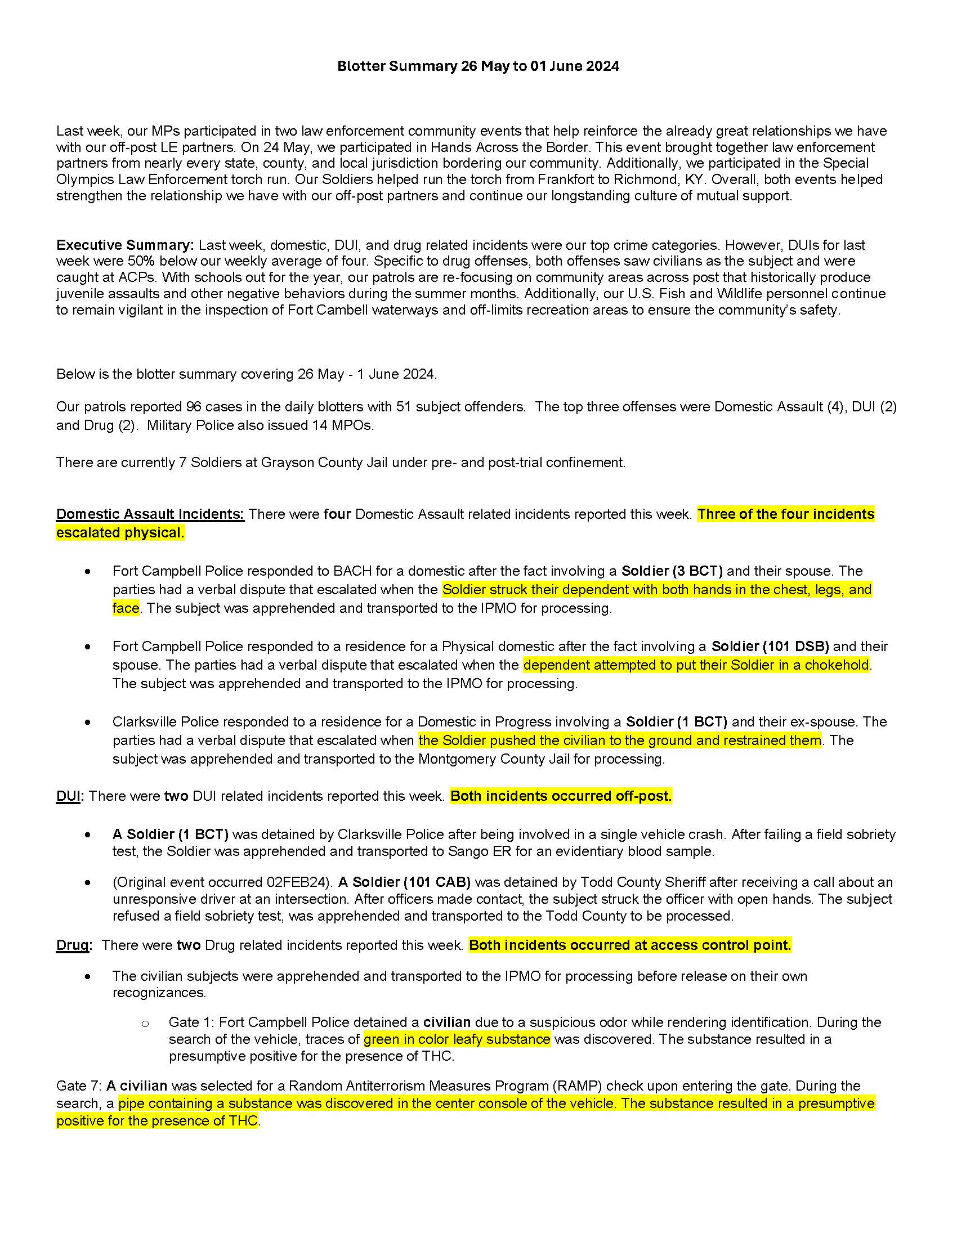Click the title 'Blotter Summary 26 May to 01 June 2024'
click(x=478, y=66)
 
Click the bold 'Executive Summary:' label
click(x=125, y=245)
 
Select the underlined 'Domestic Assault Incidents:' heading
click(x=150, y=514)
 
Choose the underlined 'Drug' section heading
click(x=72, y=945)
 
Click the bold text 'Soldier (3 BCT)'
click(x=672, y=571)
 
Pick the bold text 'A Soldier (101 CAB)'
click(x=404, y=882)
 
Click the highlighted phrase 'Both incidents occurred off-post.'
click(x=561, y=796)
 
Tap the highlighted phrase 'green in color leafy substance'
click(x=457, y=1039)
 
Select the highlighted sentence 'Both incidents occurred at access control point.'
click(x=629, y=945)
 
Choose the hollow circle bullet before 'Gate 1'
click(x=145, y=1024)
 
